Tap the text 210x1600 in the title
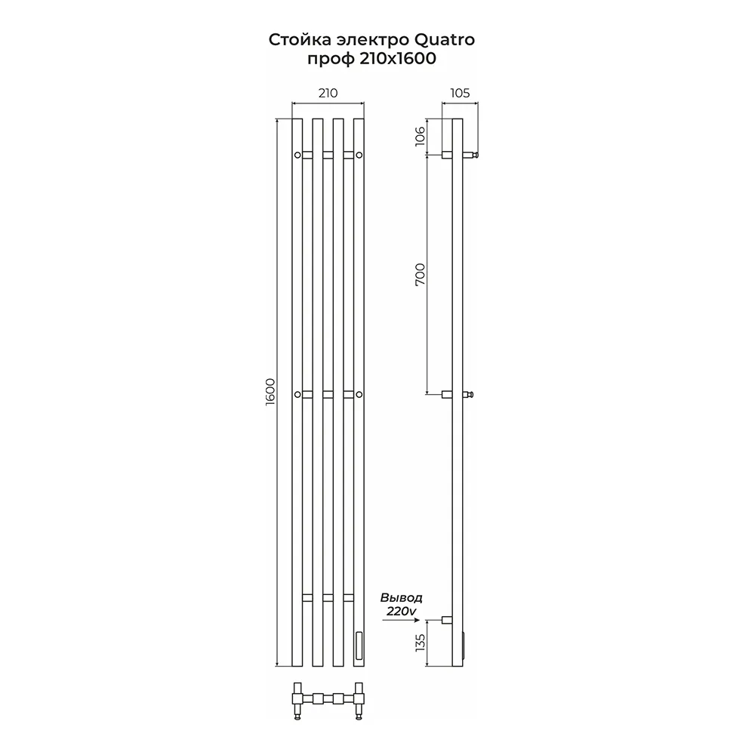tap(398, 58)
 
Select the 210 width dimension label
tap(328, 92)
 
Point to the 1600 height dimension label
tap(270, 392)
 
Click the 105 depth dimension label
tap(460, 92)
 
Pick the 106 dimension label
tap(421, 136)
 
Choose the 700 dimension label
tap(421, 275)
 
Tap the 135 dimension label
tap(421, 643)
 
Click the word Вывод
tap(401, 597)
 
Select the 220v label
tap(402, 611)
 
